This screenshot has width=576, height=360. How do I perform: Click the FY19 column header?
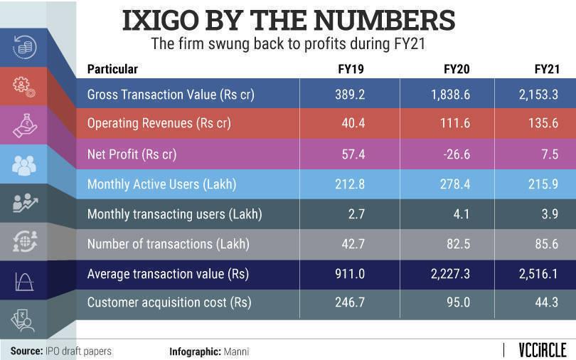(x=350, y=69)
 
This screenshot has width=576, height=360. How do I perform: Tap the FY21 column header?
(x=548, y=69)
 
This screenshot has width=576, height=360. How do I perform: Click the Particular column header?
(x=112, y=69)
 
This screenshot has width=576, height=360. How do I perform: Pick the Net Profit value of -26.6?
(x=456, y=154)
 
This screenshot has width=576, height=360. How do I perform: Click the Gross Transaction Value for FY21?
(x=541, y=95)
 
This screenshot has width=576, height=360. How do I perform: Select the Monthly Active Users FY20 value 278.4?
(x=456, y=184)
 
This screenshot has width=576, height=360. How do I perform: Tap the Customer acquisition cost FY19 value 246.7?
(x=350, y=302)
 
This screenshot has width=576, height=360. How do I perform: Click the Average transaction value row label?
(x=167, y=273)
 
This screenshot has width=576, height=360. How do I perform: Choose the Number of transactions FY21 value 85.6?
(x=548, y=243)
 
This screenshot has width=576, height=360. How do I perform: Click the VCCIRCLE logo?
(x=538, y=350)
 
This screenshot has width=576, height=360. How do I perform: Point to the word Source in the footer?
(x=26, y=351)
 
